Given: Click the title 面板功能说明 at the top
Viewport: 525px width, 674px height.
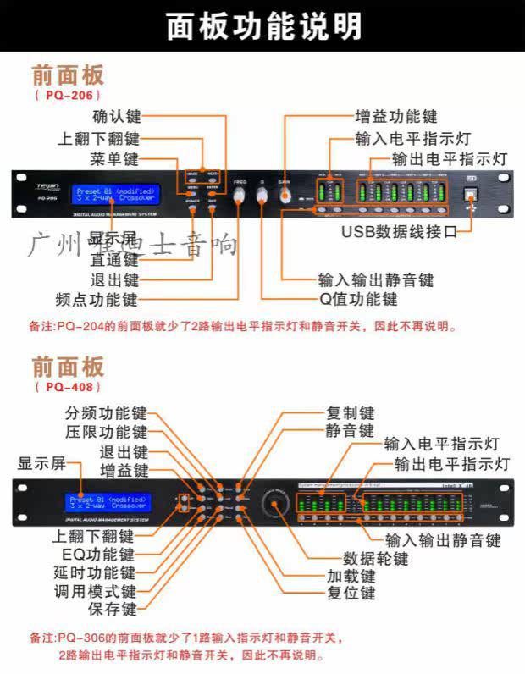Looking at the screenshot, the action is tap(263, 26).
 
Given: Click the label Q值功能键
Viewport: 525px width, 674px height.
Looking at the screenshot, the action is tap(357, 299).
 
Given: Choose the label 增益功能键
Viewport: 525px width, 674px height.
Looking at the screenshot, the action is tap(395, 117).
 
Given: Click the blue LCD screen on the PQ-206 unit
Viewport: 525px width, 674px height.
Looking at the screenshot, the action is tap(114, 195).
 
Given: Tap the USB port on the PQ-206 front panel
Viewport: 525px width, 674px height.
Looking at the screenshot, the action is tap(472, 194).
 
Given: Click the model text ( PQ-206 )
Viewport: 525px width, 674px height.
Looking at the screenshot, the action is tap(69, 95).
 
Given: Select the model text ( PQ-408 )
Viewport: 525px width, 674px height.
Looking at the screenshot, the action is tap(69, 386).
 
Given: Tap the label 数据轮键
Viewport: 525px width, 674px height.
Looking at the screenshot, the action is tap(375, 559).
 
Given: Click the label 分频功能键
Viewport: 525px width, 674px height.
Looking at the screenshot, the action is tap(106, 413).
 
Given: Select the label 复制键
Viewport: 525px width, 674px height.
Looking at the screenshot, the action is tap(350, 413).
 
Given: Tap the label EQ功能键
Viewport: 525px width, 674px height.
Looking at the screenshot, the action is tap(104, 555).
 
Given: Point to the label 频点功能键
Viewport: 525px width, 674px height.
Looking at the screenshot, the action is tap(95, 299).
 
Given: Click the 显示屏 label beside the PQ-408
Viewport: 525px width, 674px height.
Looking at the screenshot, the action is tap(41, 463).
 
